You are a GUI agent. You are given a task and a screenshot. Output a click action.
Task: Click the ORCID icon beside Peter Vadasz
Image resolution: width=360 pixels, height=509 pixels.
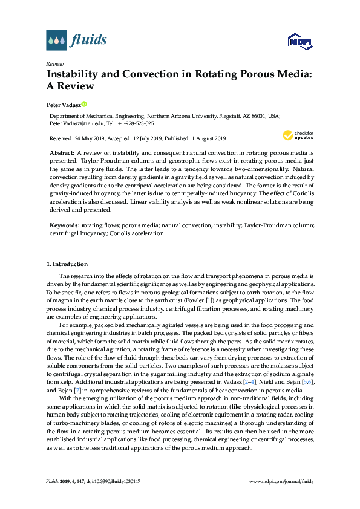coord(84,104)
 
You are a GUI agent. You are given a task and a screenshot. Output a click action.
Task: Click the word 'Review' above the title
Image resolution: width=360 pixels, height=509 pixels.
coord(55,63)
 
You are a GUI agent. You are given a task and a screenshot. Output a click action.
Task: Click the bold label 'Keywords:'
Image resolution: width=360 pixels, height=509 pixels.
coord(64,225)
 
